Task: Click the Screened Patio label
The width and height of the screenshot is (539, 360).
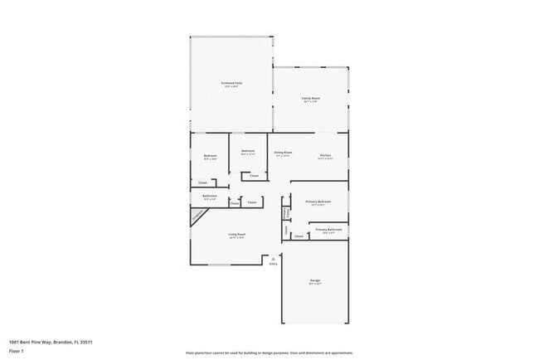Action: pyautogui.click(x=231, y=83)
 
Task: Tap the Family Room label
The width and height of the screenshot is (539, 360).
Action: pyautogui.click(x=310, y=99)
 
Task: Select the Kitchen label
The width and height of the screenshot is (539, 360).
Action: pyautogui.click(x=326, y=155)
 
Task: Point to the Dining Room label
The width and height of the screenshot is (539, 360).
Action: pyautogui.click(x=283, y=153)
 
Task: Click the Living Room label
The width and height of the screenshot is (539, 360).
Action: pyautogui.click(x=236, y=235)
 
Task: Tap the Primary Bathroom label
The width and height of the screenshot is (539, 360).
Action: pyautogui.click(x=328, y=229)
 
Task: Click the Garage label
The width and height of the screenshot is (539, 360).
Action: pyautogui.click(x=315, y=281)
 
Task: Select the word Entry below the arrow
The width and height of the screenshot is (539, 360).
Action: pyautogui.click(x=273, y=265)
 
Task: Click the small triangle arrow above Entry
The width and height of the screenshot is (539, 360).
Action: pyautogui.click(x=273, y=259)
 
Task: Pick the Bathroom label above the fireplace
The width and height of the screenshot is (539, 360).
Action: pyautogui.click(x=209, y=197)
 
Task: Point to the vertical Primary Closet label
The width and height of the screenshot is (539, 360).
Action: pyautogui.click(x=285, y=213)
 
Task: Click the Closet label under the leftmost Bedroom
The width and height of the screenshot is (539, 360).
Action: pyautogui.click(x=202, y=182)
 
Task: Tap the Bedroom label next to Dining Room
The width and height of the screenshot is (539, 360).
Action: pyautogui.click(x=247, y=151)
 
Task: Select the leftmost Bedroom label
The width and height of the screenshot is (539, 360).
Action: pyautogui.click(x=210, y=156)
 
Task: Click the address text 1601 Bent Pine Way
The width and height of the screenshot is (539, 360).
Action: pyautogui.click(x=50, y=342)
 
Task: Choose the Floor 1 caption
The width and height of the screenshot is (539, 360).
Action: pyautogui.click(x=17, y=352)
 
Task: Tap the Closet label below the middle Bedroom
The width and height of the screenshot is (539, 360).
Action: pyautogui.click(x=254, y=176)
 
